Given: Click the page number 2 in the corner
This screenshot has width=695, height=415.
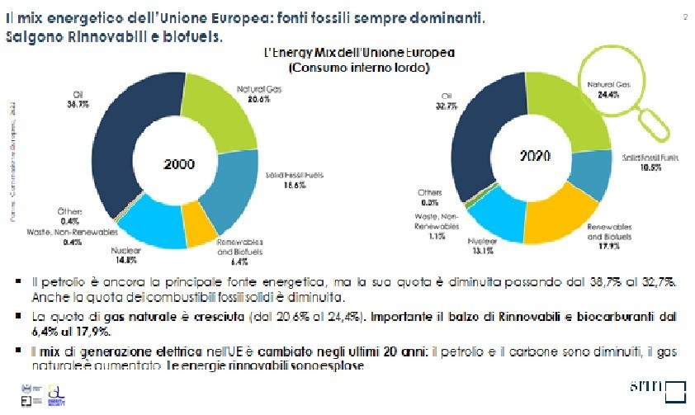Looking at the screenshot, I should pos(684,17).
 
